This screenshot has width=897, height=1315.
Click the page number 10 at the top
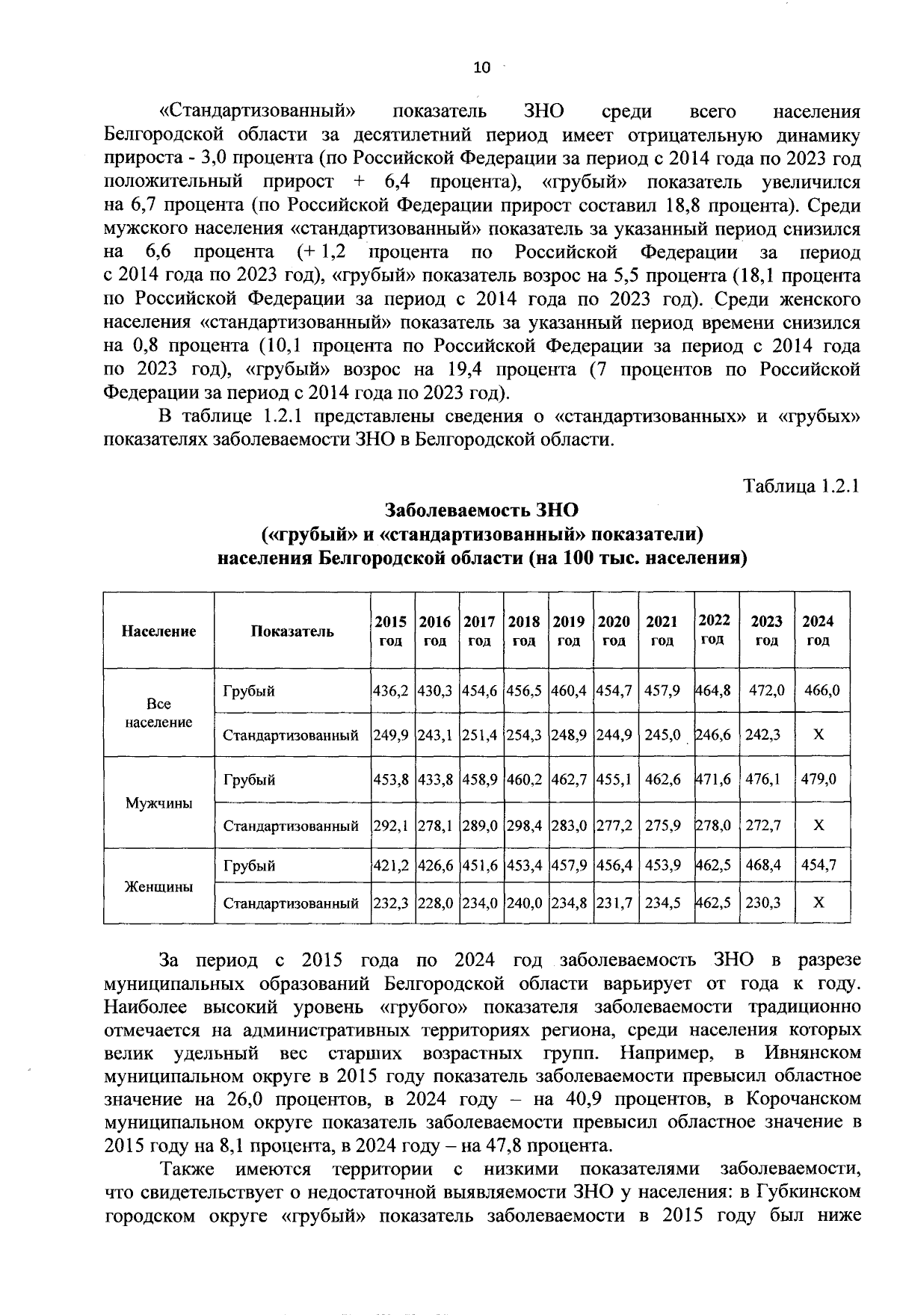pyautogui.click(x=481, y=68)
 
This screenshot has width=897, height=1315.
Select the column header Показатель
pyautogui.click(x=292, y=631)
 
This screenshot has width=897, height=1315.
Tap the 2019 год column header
pyautogui.click(x=569, y=631)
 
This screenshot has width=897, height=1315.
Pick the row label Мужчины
pyautogui.click(x=158, y=802)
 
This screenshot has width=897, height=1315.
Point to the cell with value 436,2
pyautogui.click(x=390, y=690)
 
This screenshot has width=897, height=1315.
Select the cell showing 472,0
pyautogui.click(x=766, y=690)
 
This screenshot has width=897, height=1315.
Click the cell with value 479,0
pyautogui.click(x=819, y=779)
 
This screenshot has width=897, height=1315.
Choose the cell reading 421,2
pyautogui.click(x=390, y=865)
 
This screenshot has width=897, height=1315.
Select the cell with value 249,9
pyautogui.click(x=390, y=734)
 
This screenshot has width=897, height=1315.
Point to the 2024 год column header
pyautogui.click(x=819, y=631)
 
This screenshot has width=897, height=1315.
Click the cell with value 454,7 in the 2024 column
pyautogui.click(x=819, y=865)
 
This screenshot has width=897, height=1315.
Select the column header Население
pyautogui.click(x=158, y=631)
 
